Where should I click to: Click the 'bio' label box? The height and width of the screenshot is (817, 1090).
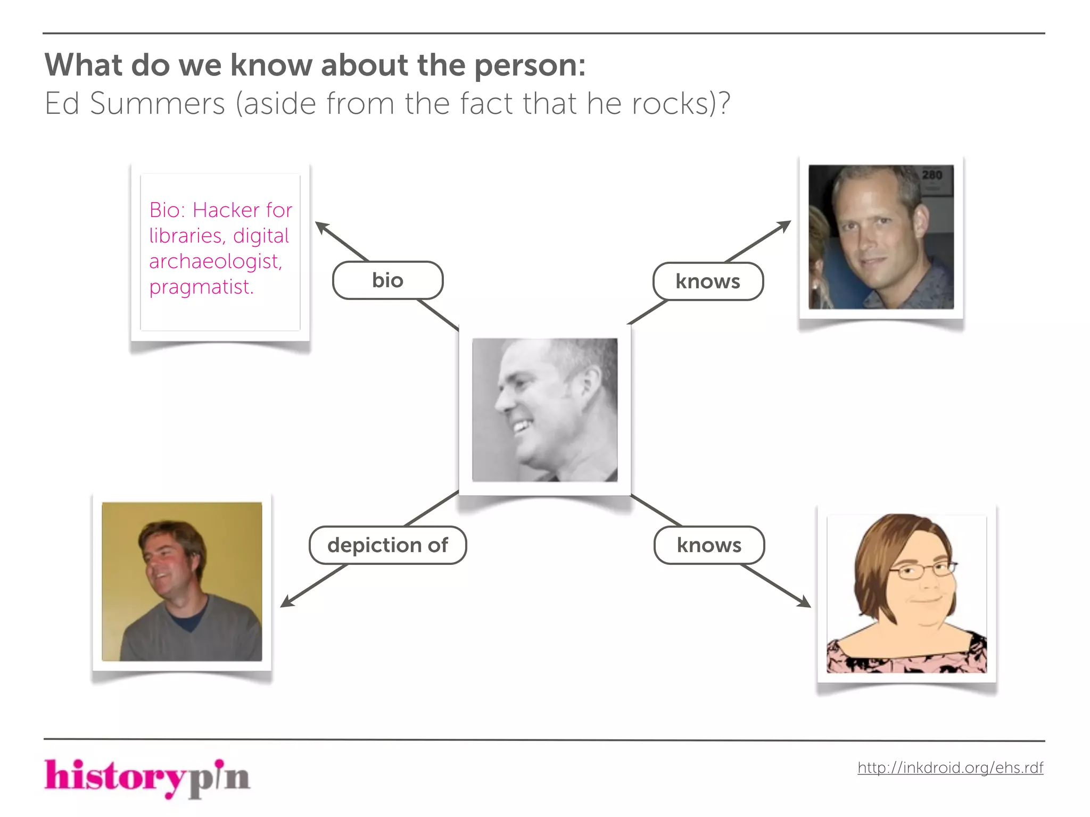point(387,280)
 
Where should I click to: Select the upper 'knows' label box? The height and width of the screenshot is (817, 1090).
point(708,281)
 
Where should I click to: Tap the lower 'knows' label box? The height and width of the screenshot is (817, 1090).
point(709,545)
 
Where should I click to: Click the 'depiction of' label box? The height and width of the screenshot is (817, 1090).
point(387,545)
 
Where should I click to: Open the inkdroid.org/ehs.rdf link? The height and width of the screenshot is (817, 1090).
point(950,768)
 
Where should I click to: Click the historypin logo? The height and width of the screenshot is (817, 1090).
point(147,778)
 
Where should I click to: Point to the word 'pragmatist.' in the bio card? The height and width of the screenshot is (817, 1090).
point(201,287)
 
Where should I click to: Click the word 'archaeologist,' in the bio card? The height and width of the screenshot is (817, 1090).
point(216,261)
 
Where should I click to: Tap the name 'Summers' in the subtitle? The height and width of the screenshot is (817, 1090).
point(158,103)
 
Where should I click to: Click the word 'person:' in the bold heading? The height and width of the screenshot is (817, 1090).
point(530,65)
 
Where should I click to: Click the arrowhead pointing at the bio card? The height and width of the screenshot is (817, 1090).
point(321,227)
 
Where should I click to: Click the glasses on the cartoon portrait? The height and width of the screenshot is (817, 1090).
point(923,571)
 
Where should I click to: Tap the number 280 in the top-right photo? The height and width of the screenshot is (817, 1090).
point(932,175)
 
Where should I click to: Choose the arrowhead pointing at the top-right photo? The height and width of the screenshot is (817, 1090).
point(785,226)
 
